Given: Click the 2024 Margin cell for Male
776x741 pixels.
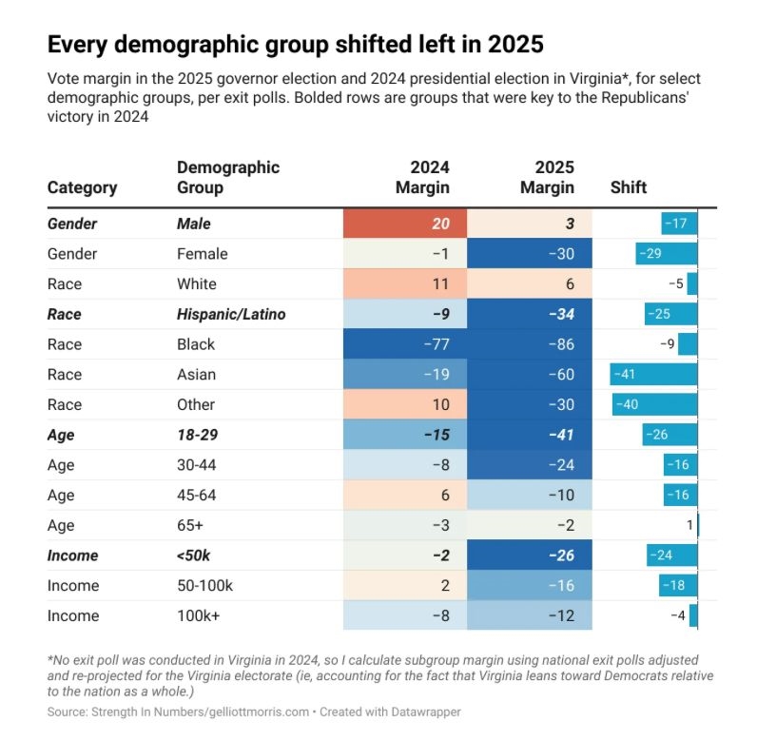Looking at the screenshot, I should pos(405,224).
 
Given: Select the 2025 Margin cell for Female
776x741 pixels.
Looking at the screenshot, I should pos(530,254).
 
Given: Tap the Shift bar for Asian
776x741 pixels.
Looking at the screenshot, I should pos(653,375).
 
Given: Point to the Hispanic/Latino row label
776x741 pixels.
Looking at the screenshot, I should pos(231,314).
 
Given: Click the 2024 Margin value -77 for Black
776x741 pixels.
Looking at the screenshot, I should pos(436,344).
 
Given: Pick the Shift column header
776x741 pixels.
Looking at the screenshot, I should pos(628,187).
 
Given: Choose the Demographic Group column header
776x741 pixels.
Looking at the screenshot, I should pos(228,177).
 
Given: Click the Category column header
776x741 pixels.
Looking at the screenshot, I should pos(83,187).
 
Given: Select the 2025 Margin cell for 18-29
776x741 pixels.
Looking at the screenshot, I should pos(530,435).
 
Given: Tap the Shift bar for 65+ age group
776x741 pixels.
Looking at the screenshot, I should pos(697,525).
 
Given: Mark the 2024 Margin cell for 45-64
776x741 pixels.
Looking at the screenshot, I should pos(405,495).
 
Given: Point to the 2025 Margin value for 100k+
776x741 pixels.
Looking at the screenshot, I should pos(561,615).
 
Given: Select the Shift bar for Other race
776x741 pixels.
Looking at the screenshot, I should pos(655,404).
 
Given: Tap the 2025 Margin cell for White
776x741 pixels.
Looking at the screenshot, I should pos(530,284).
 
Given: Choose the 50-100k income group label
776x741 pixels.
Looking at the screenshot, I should pos(204,585).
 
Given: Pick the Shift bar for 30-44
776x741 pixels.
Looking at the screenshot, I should pos(680,465).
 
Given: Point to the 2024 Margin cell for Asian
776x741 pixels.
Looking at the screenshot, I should pos(405,375).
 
